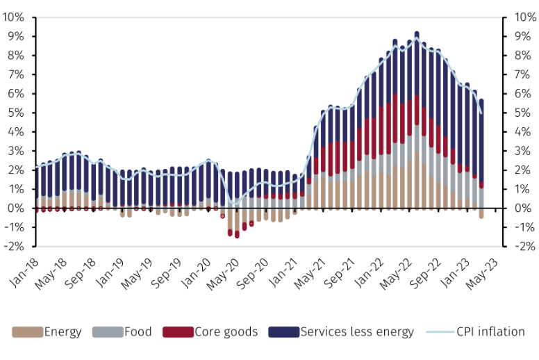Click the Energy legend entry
[56, 332]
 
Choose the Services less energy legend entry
[351, 332]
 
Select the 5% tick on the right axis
[523, 113]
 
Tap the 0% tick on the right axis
[523, 208]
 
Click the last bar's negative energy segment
[481, 213]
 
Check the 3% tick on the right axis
[523, 151]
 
